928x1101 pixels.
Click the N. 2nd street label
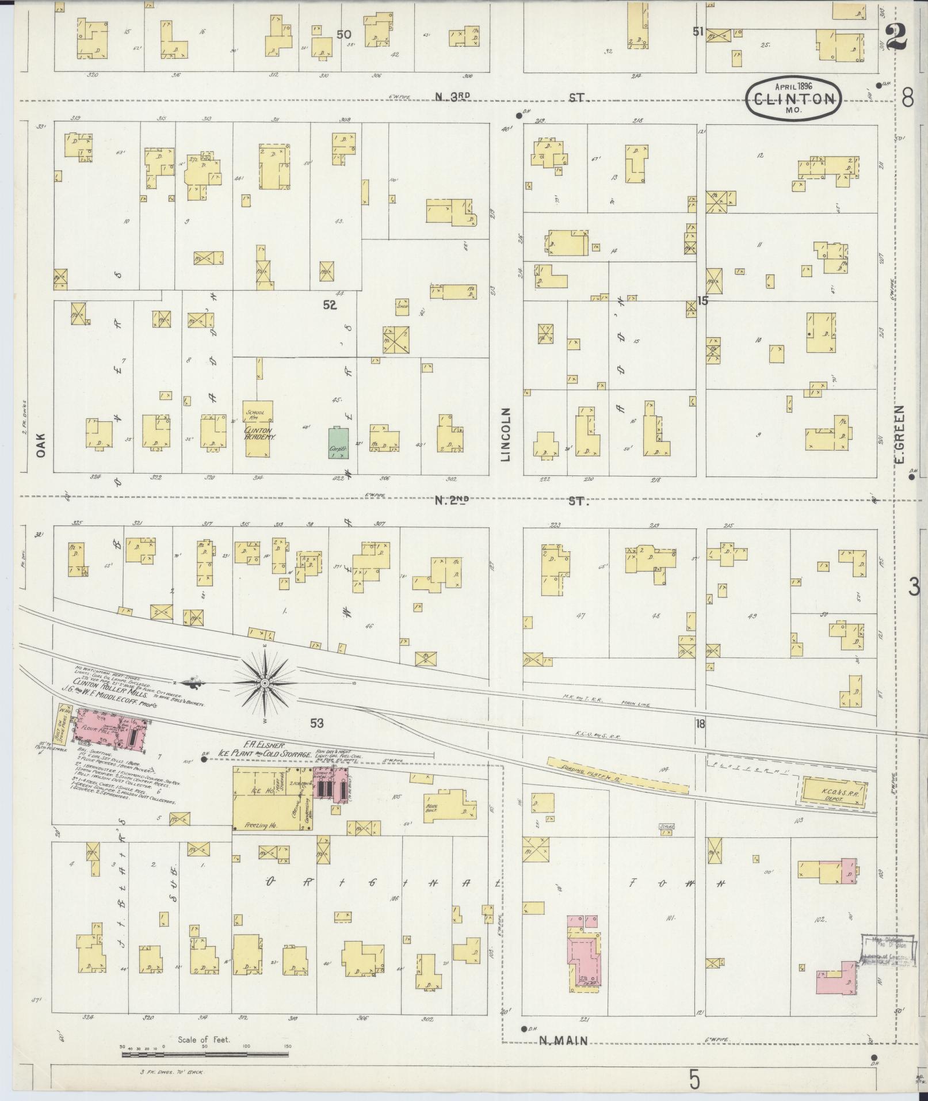pos(452,501)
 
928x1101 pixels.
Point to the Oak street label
pos(40,445)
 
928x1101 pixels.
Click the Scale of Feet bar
pos(205,1055)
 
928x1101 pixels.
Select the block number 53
pos(316,723)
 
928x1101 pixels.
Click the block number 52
pos(329,305)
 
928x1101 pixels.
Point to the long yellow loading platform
pos(617,776)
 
